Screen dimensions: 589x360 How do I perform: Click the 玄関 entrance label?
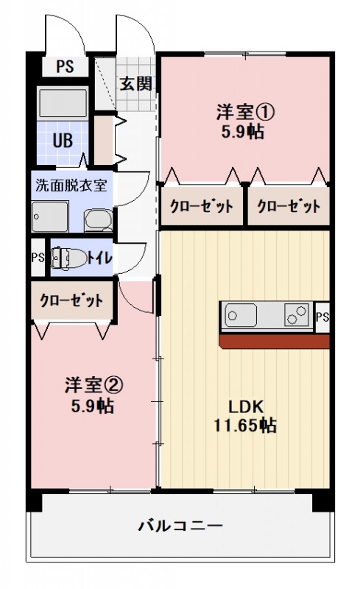click(x=137, y=83)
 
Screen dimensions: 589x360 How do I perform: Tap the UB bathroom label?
click(x=61, y=139)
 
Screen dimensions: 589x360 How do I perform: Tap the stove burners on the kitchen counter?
click(x=297, y=317)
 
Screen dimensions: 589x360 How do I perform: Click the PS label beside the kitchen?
click(x=322, y=317)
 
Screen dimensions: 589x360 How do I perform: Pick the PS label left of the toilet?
click(x=38, y=258)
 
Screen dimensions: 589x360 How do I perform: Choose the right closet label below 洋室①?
click(x=289, y=205)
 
